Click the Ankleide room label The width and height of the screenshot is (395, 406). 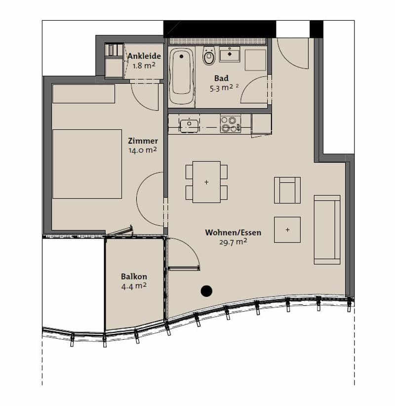(x=144, y=56)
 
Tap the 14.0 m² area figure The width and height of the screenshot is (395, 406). (x=143, y=150)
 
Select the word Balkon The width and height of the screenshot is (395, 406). (x=134, y=277)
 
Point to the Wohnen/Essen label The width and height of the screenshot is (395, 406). (x=233, y=233)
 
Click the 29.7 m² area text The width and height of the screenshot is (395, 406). (x=233, y=242)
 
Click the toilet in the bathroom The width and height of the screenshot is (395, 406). (x=209, y=56)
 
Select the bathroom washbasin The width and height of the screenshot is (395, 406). (x=230, y=54)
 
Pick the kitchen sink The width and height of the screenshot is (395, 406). (x=189, y=125)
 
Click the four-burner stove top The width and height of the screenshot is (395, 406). (x=231, y=124)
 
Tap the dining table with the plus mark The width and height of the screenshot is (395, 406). (x=206, y=182)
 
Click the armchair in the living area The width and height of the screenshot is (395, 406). (x=287, y=190)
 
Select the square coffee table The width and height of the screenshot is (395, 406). (x=287, y=230)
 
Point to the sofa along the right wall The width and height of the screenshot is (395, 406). (x=327, y=230)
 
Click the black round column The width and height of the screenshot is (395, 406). (x=206, y=291)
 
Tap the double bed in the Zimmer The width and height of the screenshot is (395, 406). (x=87, y=164)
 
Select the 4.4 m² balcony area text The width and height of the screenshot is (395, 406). (x=134, y=286)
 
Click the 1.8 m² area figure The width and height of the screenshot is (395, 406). (x=144, y=66)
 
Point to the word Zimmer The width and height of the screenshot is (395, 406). (x=143, y=141)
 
